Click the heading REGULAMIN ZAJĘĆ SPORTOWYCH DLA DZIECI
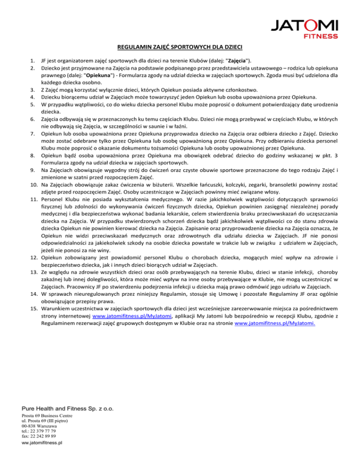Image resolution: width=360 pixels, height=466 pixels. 180,47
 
